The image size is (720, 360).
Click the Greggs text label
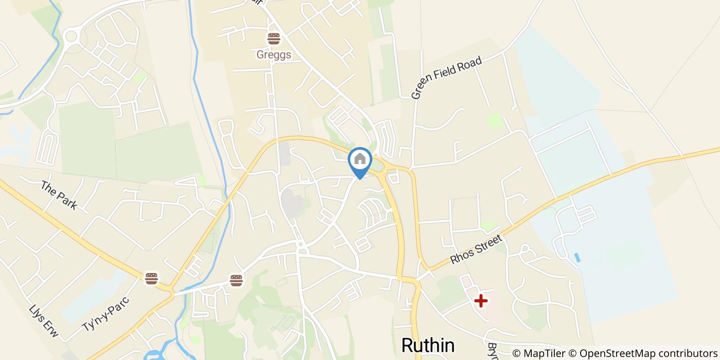tap(274, 55)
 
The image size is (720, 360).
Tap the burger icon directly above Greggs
tap(274, 39)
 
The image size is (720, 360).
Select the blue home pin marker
tap(360, 160)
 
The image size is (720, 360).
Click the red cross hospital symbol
tap(481, 300)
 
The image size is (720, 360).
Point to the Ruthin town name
tap(427, 346)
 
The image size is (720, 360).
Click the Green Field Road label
tap(446, 77)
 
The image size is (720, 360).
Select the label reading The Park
tap(59, 195)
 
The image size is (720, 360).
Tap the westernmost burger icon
tap(151, 278)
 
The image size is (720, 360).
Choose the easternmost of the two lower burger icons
tap(236, 280)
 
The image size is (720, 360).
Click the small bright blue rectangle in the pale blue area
tap(577, 257)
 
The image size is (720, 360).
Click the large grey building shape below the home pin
tap(292, 203)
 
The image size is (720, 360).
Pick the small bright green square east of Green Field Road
tap(494, 121)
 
